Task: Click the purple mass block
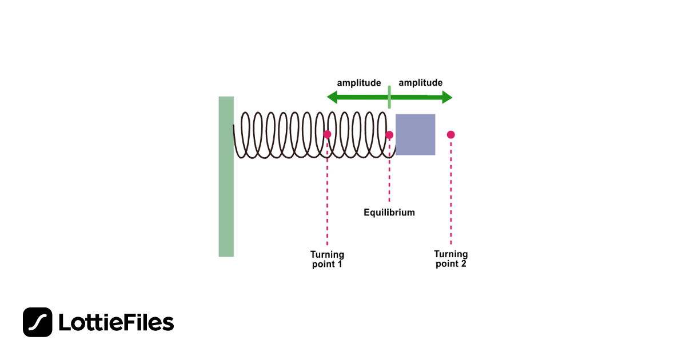pyautogui.click(x=416, y=134)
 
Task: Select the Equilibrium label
pyautogui.click(x=389, y=213)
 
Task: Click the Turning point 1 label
pyautogui.click(x=327, y=259)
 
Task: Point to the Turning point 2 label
pyautogui.click(x=451, y=259)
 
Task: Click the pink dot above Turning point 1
pyautogui.click(x=327, y=134)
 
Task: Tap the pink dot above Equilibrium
pyautogui.click(x=389, y=135)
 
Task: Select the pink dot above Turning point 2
pyautogui.click(x=451, y=135)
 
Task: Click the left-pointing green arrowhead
pyautogui.click(x=332, y=98)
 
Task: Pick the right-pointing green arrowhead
pyautogui.click(x=447, y=98)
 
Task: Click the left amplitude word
pyautogui.click(x=359, y=83)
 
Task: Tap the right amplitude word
pyautogui.click(x=421, y=83)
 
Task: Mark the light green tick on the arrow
pyautogui.click(x=389, y=97)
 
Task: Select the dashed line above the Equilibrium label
pyautogui.click(x=389, y=171)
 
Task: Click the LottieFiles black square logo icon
pyautogui.click(x=38, y=322)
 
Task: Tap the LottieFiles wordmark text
pyautogui.click(x=116, y=323)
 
